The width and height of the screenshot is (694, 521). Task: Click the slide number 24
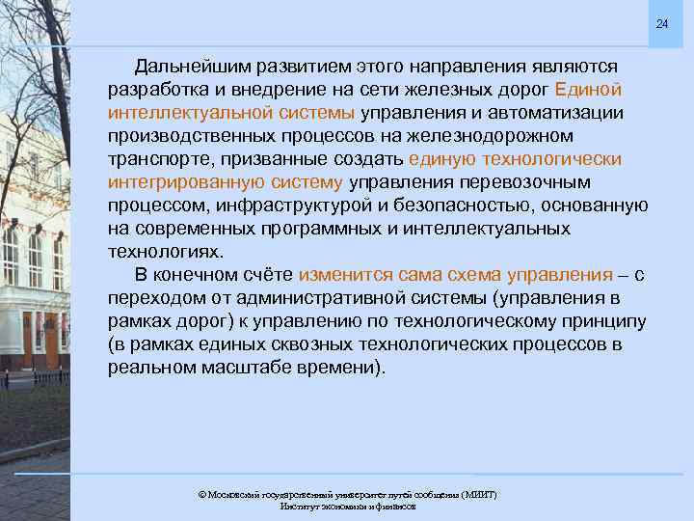[x=661, y=23]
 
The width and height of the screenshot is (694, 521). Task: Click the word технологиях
[x=165, y=252]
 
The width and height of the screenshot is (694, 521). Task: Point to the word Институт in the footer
[x=300, y=506]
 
